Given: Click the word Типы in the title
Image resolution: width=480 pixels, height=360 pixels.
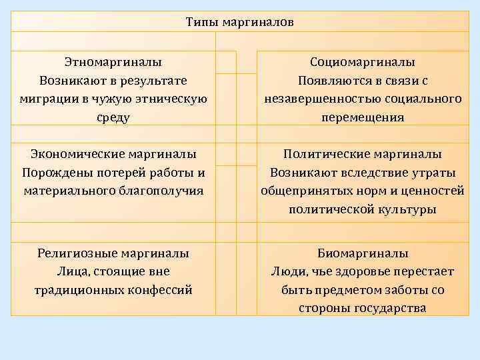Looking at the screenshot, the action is point(201,22).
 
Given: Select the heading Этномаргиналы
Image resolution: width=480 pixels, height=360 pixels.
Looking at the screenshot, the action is point(113,62).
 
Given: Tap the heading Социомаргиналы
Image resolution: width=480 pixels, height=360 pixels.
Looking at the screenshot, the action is point(362,62).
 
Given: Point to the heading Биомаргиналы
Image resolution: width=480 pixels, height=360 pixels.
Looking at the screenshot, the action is point(362,253).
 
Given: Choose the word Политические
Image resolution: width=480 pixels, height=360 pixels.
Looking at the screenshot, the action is point(325,154).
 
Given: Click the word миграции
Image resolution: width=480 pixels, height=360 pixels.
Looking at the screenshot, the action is point(45,99).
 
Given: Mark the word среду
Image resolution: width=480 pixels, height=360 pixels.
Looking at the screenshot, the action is point(113,117).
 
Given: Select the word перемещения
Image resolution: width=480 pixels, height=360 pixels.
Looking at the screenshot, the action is point(362,117).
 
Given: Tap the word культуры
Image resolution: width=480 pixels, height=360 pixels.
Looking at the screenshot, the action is point(413,209).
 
